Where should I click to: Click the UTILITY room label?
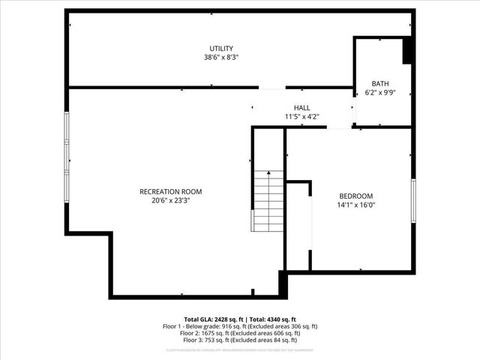[x=221, y=49]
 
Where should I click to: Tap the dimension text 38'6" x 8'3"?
[x=221, y=57]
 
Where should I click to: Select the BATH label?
[x=380, y=83]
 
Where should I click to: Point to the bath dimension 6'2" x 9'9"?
[x=380, y=92]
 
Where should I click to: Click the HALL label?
[x=301, y=108]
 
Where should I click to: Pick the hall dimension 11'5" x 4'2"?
[x=301, y=116]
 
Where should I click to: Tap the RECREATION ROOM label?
[x=171, y=191]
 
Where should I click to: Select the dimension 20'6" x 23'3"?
[x=171, y=200]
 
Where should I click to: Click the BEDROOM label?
[x=355, y=196]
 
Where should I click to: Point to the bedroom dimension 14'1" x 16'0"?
[x=355, y=204]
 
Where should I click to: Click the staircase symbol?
[x=268, y=200]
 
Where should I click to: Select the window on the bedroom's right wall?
[x=412, y=200]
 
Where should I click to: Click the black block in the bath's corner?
[x=407, y=51]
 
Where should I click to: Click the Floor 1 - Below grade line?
[x=240, y=326]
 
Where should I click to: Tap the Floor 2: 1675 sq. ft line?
[x=240, y=334]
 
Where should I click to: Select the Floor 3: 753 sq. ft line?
[x=240, y=341]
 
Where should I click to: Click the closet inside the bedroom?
[x=298, y=225]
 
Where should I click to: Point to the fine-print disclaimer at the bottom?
[x=240, y=350]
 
